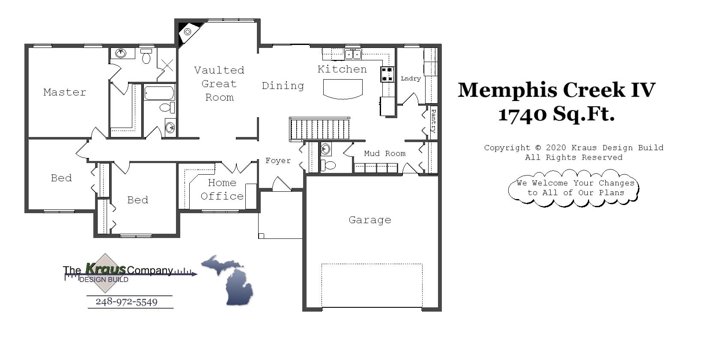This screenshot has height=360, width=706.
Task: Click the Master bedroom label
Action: pyautogui.click(x=65, y=92)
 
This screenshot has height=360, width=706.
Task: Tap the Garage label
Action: pyautogui.click(x=369, y=220)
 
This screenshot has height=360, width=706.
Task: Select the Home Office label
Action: pyautogui.click(x=222, y=190)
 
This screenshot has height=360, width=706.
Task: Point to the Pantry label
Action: pyautogui.click(x=433, y=121)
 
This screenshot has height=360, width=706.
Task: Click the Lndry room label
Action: pyautogui.click(x=411, y=79)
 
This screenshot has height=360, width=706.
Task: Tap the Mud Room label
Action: pyautogui.click(x=384, y=154)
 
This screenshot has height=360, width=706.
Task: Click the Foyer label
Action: pyautogui.click(x=278, y=161)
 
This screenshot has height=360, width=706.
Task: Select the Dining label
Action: pyautogui.click(x=283, y=86)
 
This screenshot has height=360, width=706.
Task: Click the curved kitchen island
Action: pyautogui.click(x=343, y=89)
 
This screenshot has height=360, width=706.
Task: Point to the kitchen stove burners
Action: pyautogui.click(x=387, y=74)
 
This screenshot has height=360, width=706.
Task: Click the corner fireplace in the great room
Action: pyautogui.click(x=187, y=32)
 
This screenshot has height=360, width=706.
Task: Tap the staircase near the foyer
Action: pyautogui.click(x=320, y=129)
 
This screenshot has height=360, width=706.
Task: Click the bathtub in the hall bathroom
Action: pyautogui.click(x=159, y=93)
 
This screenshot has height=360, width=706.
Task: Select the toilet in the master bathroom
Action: pyautogui.click(x=146, y=57)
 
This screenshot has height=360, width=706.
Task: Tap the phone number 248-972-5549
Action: pyautogui.click(x=127, y=302)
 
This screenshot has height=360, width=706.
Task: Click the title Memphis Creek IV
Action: pyautogui.click(x=556, y=90)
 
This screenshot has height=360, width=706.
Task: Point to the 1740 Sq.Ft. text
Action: pyautogui.click(x=556, y=114)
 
